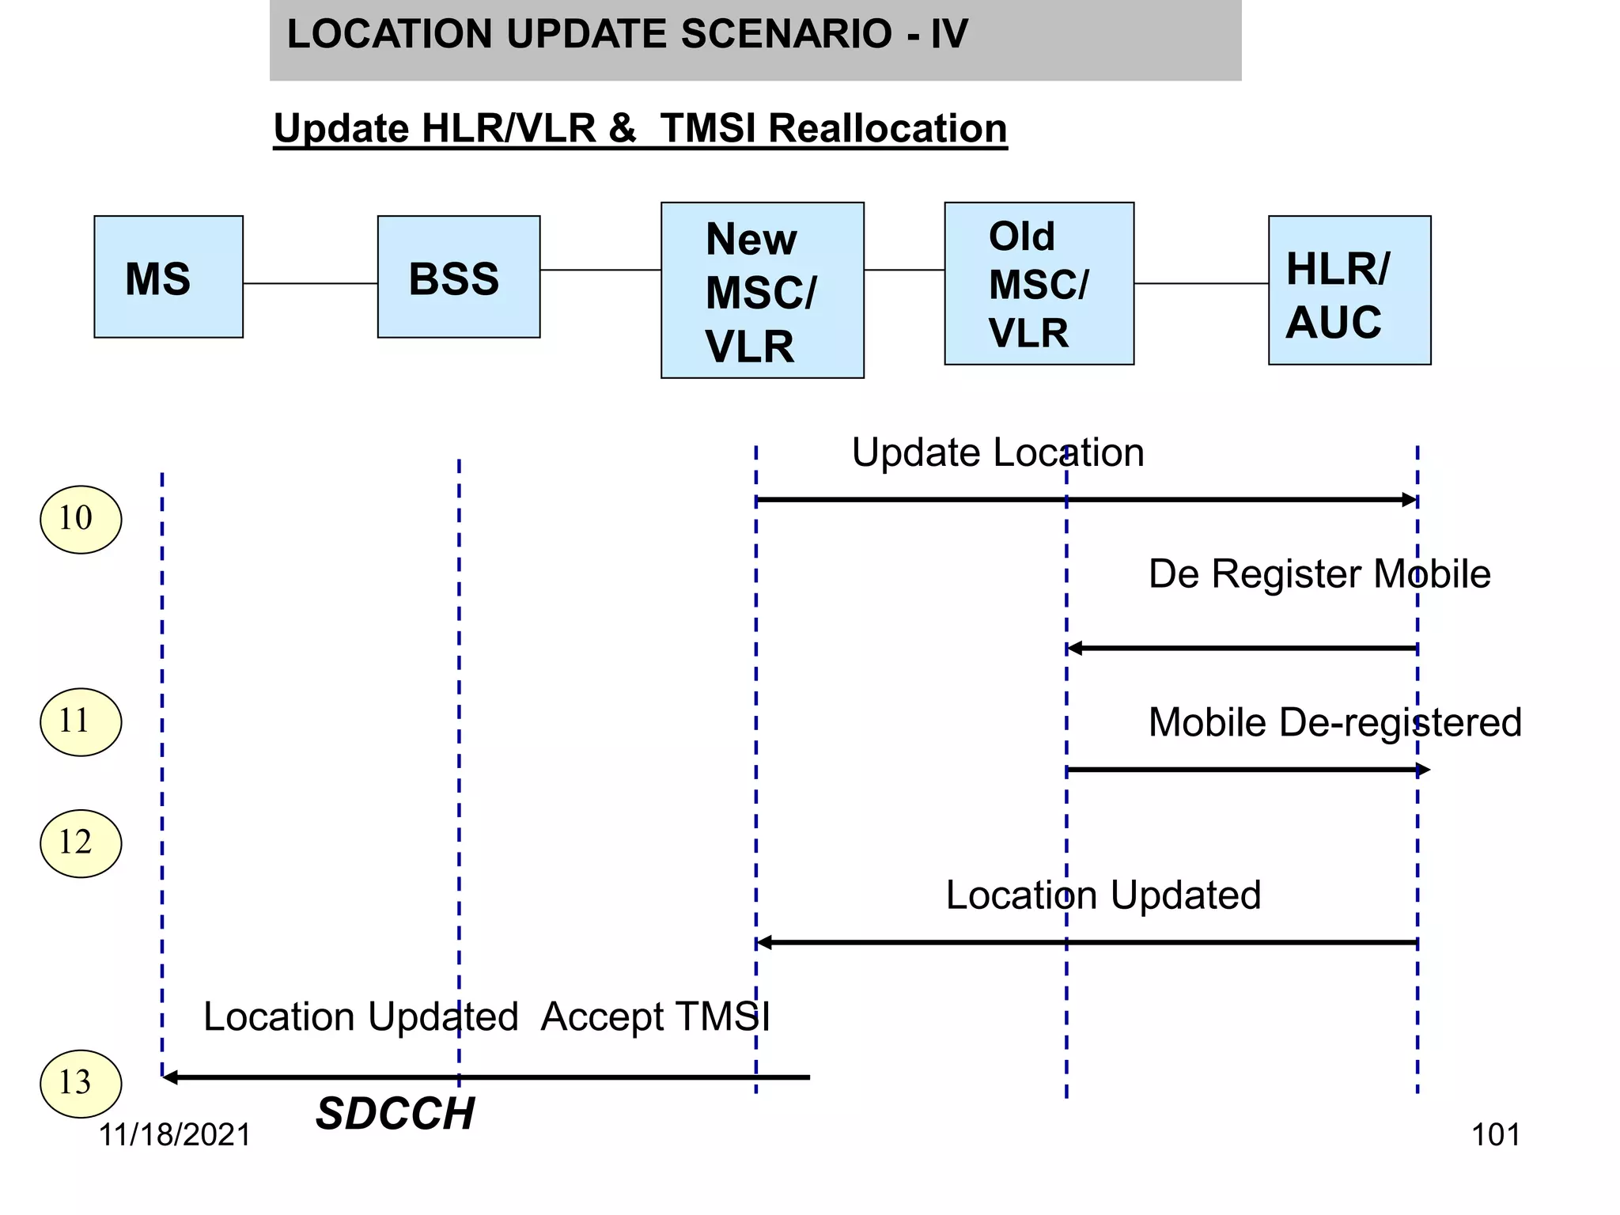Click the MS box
point(168,277)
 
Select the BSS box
point(459,277)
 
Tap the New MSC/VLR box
point(762,290)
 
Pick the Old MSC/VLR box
point(1039,283)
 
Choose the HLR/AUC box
point(1349,290)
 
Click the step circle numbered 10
point(81,519)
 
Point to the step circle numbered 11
point(81,721)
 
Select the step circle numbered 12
point(81,843)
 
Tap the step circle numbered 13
point(81,1083)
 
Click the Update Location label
point(997,452)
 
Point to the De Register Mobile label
point(1319,573)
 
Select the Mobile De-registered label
point(1334,722)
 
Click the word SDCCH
point(395,1114)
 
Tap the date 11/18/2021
point(174,1135)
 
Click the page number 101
point(1495,1135)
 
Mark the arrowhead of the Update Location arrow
point(1410,500)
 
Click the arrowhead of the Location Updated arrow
point(764,942)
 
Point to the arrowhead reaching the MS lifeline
point(170,1077)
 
